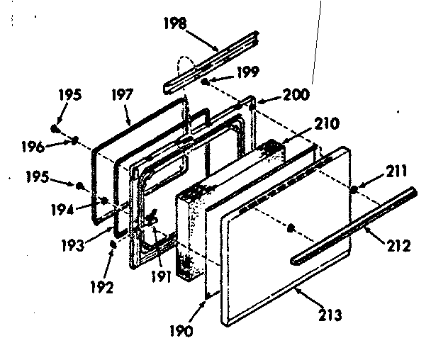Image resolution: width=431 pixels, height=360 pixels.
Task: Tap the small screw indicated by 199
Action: tap(205, 82)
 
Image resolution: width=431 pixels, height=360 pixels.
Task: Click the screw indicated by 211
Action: tap(352, 190)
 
